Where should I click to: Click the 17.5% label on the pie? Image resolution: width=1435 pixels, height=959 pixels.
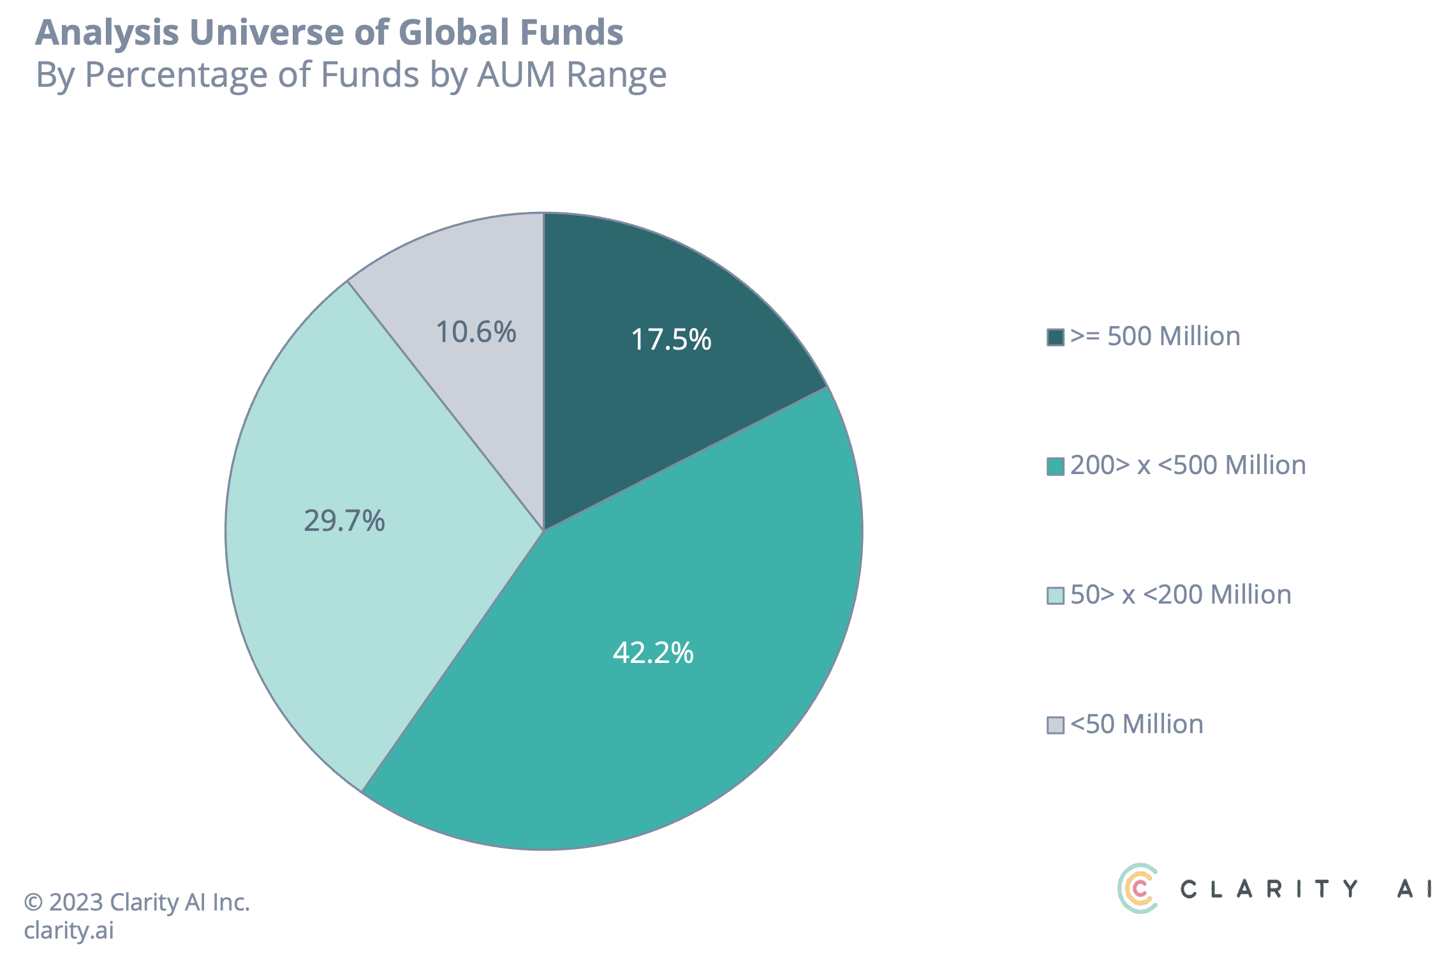(671, 339)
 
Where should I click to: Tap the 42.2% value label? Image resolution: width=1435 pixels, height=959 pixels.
(653, 653)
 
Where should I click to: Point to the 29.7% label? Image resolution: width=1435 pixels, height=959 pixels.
(344, 521)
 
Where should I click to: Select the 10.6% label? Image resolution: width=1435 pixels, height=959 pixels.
(476, 332)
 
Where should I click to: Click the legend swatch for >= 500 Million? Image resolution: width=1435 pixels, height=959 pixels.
(1056, 337)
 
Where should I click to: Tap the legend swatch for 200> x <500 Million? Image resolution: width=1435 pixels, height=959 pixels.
(1056, 466)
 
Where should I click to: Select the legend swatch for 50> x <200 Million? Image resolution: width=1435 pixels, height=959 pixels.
(1056, 596)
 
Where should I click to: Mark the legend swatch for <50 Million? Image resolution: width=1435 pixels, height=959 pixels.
(1056, 725)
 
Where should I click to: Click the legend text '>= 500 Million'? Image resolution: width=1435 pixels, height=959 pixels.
(1155, 336)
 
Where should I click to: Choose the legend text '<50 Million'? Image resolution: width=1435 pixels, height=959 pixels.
(1137, 724)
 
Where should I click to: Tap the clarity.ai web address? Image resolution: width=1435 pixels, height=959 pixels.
(69, 930)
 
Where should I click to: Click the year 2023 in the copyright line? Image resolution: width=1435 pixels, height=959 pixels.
(76, 902)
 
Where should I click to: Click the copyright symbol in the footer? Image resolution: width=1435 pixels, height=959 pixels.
(33, 903)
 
